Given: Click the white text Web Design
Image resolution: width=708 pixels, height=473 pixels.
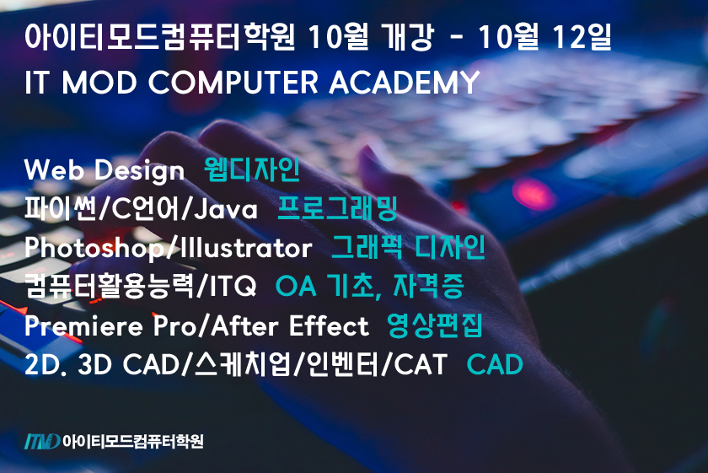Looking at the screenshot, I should pos(105,170).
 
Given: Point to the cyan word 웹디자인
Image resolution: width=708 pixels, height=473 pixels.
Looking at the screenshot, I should pos(252,170).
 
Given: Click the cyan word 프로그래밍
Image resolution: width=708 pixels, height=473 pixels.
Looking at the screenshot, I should pos(337,209).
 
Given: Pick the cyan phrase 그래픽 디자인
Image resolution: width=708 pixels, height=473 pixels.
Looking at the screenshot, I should pos(408,248).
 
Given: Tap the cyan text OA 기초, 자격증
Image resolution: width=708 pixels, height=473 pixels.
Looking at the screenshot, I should pos(369,288).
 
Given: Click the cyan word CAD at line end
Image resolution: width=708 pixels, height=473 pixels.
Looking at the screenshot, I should pos(495,365).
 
